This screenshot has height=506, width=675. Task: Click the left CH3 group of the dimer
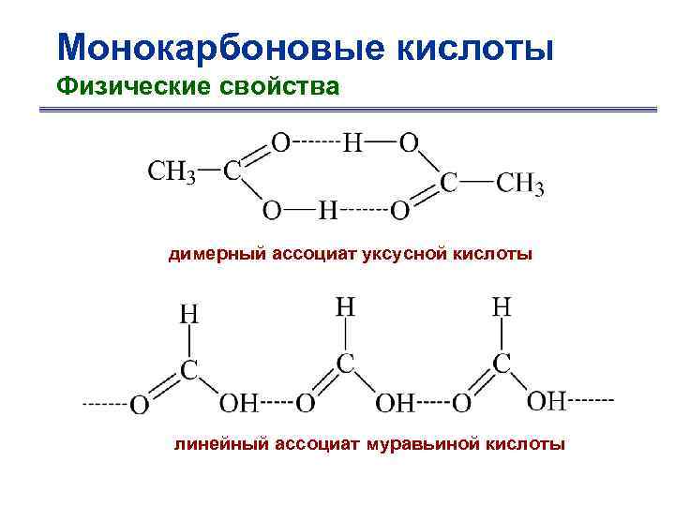tap(172, 172)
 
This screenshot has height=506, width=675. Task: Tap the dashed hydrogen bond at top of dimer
tap(316, 143)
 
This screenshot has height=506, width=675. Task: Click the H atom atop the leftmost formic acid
tap(188, 313)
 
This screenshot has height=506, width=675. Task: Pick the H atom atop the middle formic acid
tap(345, 305)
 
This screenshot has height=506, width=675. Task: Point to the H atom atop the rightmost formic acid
tap(502, 305)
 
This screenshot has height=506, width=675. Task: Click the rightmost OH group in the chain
tap(546, 401)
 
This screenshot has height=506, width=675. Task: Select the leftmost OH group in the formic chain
tap(237, 404)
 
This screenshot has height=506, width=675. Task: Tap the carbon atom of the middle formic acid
tap(345, 364)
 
